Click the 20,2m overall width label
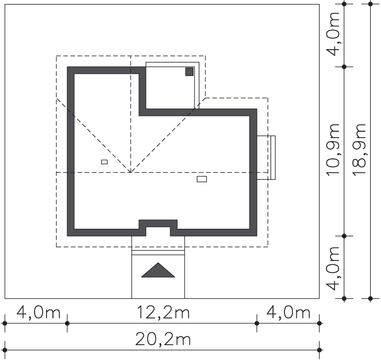pos(162,340)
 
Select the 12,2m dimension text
pos(162,313)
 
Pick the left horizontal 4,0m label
pos(39,313)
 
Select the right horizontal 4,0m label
pos(288,313)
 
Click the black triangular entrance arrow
pos(158,270)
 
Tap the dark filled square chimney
pos(189,72)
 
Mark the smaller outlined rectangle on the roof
pos(104,162)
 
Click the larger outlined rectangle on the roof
pos(202,179)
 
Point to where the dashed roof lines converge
pos(130,172)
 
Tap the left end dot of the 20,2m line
pos(5,350)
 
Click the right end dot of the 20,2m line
pos(320,350)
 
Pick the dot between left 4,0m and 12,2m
pos(67,323)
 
